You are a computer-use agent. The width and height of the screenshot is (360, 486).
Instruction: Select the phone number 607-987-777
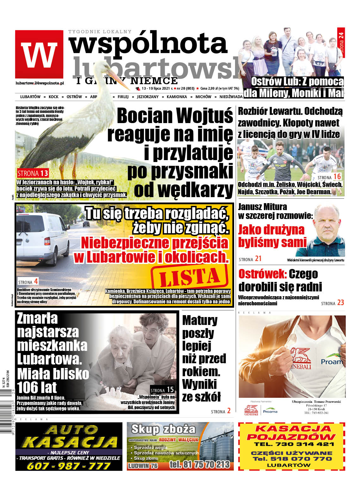point(69,466)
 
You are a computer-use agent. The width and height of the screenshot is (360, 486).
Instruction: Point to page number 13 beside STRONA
point(44,173)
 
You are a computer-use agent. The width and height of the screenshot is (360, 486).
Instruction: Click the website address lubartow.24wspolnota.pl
point(40,83)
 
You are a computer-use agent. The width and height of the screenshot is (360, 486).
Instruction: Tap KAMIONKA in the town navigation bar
point(177,97)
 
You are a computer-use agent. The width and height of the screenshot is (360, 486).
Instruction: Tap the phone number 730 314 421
point(291,444)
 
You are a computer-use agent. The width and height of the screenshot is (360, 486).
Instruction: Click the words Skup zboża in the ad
point(164,429)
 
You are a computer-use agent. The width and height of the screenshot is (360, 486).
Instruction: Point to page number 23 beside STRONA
point(340,303)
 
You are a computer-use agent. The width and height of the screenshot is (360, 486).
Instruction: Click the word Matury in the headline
point(200,321)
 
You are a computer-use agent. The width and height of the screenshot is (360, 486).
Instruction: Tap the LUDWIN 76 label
point(143,466)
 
